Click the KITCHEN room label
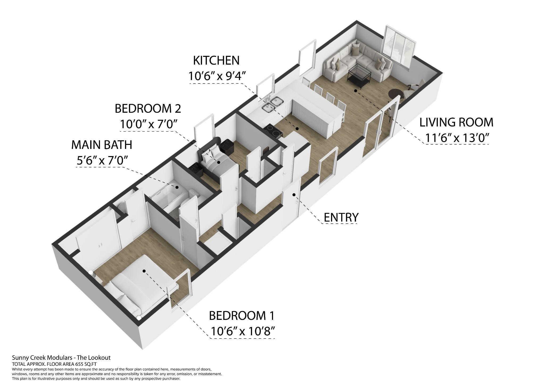(216, 61)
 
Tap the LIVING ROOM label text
(456, 122)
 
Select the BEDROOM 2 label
(148, 108)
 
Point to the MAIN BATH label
(102, 145)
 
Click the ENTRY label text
(341, 217)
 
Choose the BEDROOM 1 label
(241, 316)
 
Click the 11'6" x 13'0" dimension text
(457, 138)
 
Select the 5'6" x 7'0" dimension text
(101, 161)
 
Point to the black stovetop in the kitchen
(272, 130)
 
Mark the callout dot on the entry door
(294, 195)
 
